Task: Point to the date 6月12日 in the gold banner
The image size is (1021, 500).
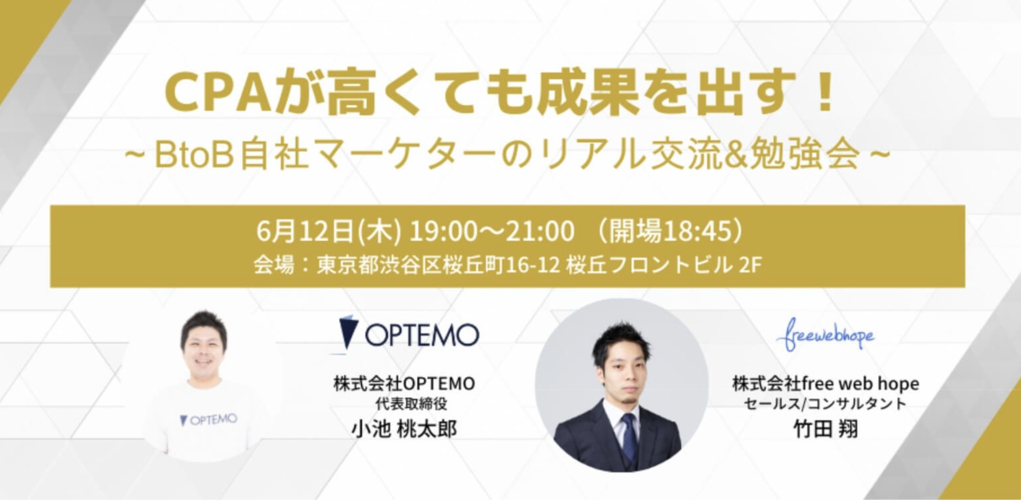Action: pos(306,231)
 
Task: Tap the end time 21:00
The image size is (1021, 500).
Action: pos(539,232)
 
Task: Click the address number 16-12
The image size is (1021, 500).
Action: pos(533,266)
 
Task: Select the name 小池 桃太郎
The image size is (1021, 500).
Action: pos(404,430)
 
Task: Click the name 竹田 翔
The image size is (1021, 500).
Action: pos(825,430)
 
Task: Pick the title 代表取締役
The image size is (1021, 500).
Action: pos(411,404)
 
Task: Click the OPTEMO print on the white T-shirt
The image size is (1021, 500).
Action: pos(208,419)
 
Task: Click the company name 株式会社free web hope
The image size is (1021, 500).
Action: pos(825,384)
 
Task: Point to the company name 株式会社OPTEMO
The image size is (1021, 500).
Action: pos(404,384)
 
